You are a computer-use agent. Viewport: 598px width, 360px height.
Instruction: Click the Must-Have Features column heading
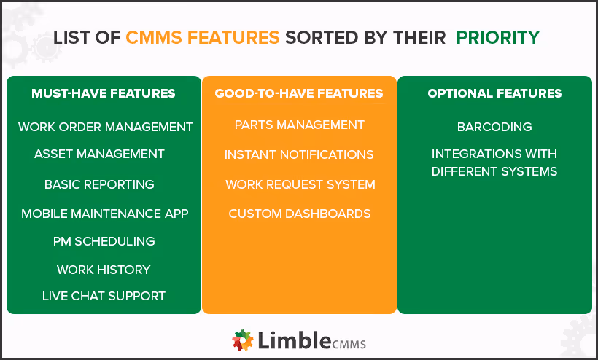pyautogui.click(x=104, y=93)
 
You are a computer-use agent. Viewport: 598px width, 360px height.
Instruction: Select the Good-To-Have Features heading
pyautogui.click(x=299, y=93)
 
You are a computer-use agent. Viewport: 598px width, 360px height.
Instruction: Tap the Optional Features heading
pyautogui.click(x=494, y=93)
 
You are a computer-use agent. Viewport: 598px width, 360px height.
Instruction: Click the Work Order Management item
pyautogui.click(x=106, y=127)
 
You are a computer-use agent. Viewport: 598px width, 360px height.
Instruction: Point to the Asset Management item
pyautogui.click(x=99, y=154)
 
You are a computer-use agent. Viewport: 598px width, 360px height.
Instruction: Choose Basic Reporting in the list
pyautogui.click(x=99, y=184)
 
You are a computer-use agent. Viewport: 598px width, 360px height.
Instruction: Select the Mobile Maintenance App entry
pyautogui.click(x=105, y=214)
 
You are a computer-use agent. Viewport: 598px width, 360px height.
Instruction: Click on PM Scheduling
pyautogui.click(x=104, y=241)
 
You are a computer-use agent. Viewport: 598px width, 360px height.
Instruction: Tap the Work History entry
pyautogui.click(x=104, y=270)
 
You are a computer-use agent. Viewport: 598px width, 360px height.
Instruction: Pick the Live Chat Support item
pyautogui.click(x=104, y=296)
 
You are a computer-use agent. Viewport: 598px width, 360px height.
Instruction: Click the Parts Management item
pyautogui.click(x=300, y=125)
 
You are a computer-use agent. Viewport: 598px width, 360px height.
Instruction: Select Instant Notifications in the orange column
pyautogui.click(x=299, y=154)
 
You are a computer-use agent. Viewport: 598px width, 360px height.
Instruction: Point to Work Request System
pyautogui.click(x=300, y=184)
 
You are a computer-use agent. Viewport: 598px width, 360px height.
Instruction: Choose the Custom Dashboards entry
pyautogui.click(x=300, y=214)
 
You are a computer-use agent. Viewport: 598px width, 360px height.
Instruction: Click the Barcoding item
pyautogui.click(x=494, y=127)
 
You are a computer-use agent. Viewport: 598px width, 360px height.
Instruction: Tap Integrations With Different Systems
pyautogui.click(x=494, y=163)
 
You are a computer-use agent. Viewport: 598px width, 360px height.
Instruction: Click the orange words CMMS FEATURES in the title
pyautogui.click(x=203, y=36)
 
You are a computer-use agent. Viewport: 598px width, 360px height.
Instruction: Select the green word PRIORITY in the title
pyautogui.click(x=498, y=36)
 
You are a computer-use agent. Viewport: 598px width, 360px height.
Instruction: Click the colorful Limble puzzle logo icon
pyautogui.click(x=243, y=340)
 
